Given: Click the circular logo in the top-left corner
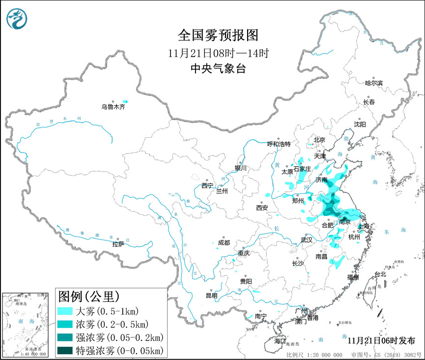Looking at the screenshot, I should coord(17,18).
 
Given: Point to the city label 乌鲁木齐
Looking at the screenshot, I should coord(113,107).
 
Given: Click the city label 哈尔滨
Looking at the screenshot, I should coord(373,83).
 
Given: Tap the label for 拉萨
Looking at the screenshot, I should coord(118,244).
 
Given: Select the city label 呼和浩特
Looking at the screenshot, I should coord(279,144).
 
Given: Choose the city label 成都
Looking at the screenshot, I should coord(224,242).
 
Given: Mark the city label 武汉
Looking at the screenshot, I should coord(306,240).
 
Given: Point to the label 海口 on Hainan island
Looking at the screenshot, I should coord(280,341).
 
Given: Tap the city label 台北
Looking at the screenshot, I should coord(380,274).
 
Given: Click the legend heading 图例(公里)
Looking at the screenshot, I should coord(88,297).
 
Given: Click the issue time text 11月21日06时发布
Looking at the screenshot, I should coord(381,340).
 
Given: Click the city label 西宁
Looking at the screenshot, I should coord(207,185).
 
